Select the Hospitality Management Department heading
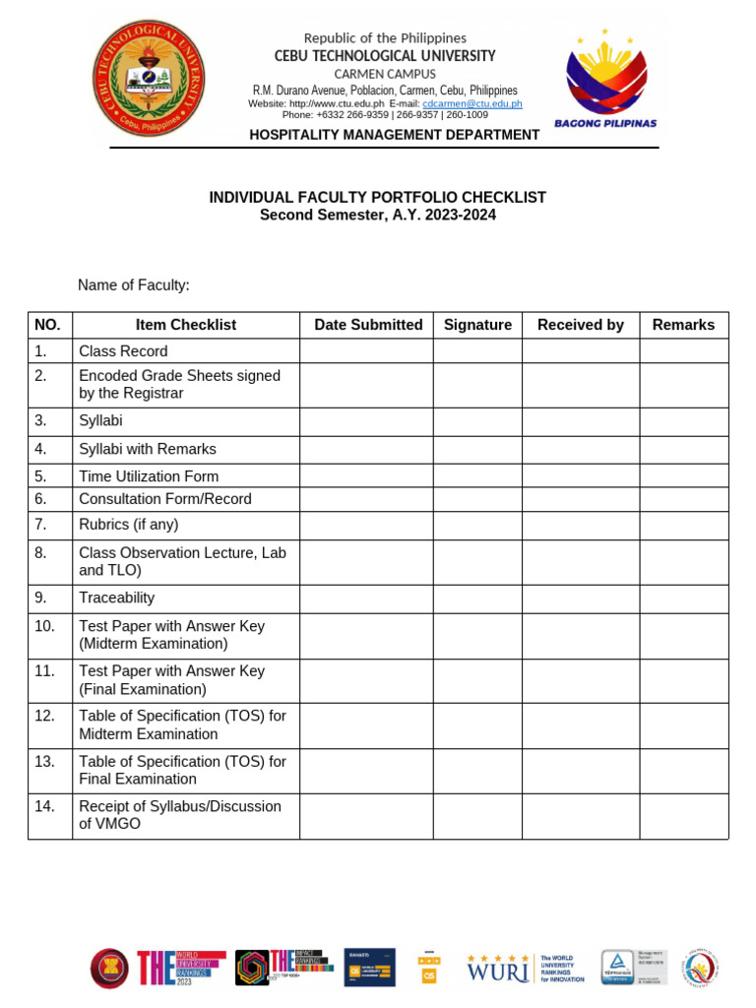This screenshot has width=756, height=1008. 394,135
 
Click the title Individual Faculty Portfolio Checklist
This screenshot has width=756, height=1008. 377,198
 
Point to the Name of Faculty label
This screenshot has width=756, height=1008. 134,285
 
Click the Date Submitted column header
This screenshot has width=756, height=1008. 368,325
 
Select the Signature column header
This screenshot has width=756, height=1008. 477,325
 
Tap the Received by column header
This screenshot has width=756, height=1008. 581,325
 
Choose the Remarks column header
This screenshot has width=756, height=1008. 683,325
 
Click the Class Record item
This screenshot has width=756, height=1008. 123,351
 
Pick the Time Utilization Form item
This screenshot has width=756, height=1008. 149,476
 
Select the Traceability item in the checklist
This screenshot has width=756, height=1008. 116,598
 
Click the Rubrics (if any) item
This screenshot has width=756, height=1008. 129,525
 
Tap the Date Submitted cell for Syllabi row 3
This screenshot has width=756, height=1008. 366,421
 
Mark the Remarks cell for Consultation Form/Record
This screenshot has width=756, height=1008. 684,499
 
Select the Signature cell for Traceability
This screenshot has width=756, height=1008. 477,598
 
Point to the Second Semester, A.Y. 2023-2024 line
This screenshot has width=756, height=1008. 377,215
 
